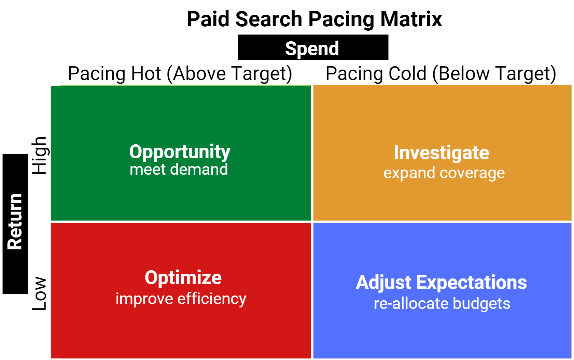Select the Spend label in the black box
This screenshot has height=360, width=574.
click(x=312, y=48)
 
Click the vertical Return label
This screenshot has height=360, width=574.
click(x=15, y=222)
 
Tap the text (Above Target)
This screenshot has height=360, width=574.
click(x=229, y=74)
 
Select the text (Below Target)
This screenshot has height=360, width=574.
click(x=494, y=74)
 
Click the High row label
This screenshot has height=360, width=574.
click(x=40, y=156)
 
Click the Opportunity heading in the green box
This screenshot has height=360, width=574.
click(x=180, y=152)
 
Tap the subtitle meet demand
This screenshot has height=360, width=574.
click(x=179, y=170)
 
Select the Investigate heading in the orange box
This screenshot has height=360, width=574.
click(x=442, y=153)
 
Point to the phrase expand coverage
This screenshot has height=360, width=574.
click(x=444, y=173)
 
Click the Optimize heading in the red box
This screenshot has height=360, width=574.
click(x=183, y=277)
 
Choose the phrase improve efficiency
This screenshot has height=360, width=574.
click(x=181, y=299)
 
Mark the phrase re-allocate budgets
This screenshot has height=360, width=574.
click(x=442, y=304)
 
